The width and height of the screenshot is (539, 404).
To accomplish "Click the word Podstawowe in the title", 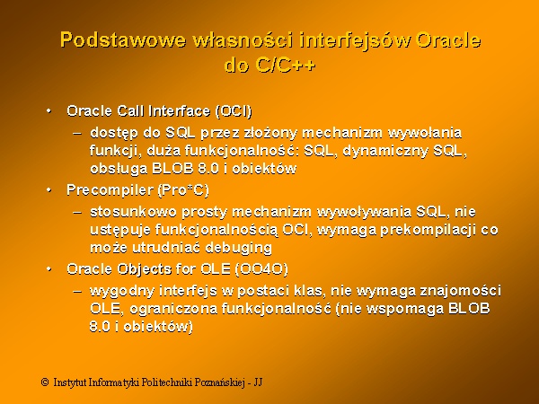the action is click(123, 40).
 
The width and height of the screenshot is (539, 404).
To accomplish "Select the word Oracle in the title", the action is click(448, 40).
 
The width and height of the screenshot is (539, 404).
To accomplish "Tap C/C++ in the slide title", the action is click(286, 65).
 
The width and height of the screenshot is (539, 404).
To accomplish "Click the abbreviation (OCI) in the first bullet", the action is click(234, 111).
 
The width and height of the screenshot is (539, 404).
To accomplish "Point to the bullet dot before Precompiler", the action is click(49, 190).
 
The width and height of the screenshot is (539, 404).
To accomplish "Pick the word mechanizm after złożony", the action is click(342, 133).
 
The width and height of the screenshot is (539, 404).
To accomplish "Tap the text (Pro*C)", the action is click(183, 190).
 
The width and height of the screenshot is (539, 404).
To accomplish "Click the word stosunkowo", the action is click(133, 212).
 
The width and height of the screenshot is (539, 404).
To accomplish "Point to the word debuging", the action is click(239, 248).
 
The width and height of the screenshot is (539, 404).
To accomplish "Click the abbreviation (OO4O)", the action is click(261, 269).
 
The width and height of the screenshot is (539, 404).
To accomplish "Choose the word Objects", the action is click(144, 269).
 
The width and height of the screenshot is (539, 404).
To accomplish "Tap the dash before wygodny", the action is click(77, 292).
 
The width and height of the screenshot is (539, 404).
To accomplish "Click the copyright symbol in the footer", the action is click(45, 382).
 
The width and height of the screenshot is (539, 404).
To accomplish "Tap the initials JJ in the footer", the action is click(258, 382).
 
